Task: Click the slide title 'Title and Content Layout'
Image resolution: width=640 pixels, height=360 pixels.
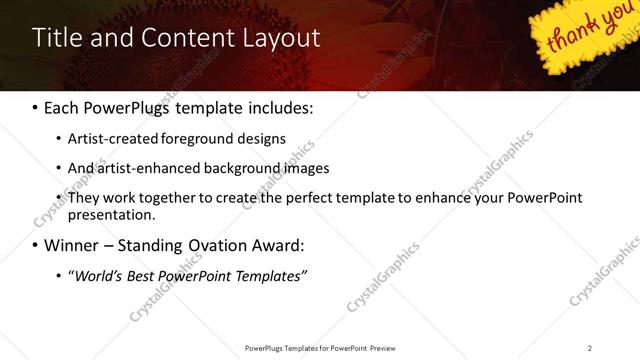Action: tap(176, 39)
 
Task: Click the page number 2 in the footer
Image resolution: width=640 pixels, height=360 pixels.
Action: tap(590, 348)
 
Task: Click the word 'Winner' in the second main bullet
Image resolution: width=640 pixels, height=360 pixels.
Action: tap(74, 245)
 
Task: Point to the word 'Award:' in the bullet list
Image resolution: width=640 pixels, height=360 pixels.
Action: tap(274, 245)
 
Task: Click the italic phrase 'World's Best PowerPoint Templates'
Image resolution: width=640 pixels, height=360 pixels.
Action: tap(187, 275)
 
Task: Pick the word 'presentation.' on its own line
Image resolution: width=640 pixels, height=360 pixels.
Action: tap(112, 214)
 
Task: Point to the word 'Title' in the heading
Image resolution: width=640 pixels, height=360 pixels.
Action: tap(56, 39)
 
